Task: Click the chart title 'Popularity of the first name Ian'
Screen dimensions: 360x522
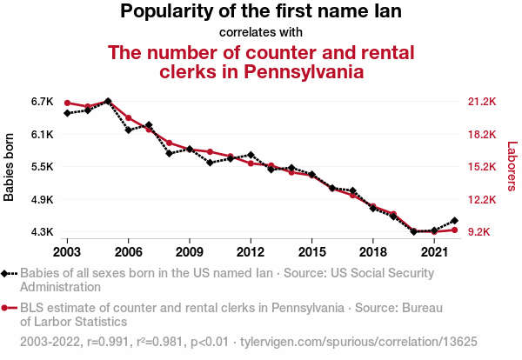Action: tap(261, 12)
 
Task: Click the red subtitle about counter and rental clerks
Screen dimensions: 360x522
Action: tap(261, 62)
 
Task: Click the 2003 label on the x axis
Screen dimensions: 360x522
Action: tap(67, 251)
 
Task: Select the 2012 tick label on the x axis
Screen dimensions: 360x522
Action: tap(251, 251)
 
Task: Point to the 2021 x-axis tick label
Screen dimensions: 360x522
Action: tap(433, 251)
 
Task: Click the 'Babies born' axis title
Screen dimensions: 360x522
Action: tap(10, 167)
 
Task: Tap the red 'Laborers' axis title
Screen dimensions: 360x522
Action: tap(512, 167)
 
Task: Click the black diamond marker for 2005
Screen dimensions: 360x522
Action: tap(108, 101)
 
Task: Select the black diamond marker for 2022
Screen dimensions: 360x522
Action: tap(454, 221)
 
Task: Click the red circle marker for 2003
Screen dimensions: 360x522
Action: tap(67, 103)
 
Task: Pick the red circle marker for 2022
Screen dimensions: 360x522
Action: tap(454, 230)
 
